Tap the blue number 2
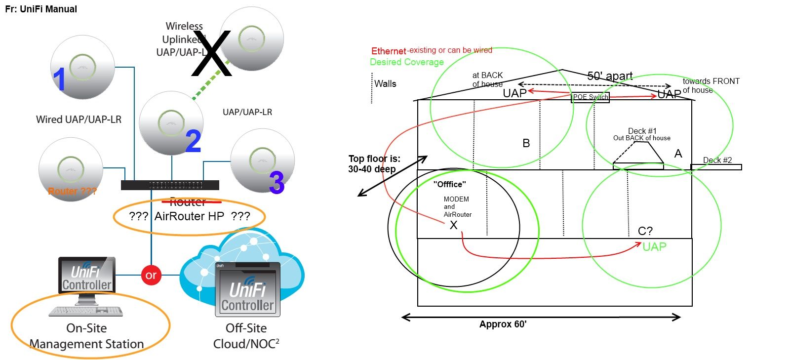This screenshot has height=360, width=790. (193, 141)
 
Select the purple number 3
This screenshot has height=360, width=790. (276, 182)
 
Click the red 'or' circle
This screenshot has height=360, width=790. (151, 275)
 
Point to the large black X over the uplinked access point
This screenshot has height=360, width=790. (212, 53)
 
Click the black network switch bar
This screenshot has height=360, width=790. (170, 185)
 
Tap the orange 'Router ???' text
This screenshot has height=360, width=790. (72, 191)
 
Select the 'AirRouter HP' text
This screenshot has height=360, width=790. (189, 216)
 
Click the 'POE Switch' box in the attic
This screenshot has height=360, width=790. (591, 97)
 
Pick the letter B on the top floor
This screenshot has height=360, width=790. (526, 143)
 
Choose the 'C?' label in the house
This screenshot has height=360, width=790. (645, 231)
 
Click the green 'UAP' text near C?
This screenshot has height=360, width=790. (654, 247)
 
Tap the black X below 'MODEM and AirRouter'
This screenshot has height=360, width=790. (453, 226)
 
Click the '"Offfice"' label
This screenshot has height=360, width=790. (449, 185)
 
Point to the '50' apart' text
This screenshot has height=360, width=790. (610, 76)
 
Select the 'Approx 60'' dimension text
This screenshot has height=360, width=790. (503, 324)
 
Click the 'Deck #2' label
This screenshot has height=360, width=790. (717, 160)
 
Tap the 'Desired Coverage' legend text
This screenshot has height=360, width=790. (407, 62)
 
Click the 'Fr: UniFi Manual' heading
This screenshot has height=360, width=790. (41, 9)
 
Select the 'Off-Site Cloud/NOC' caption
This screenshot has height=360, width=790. (246, 336)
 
